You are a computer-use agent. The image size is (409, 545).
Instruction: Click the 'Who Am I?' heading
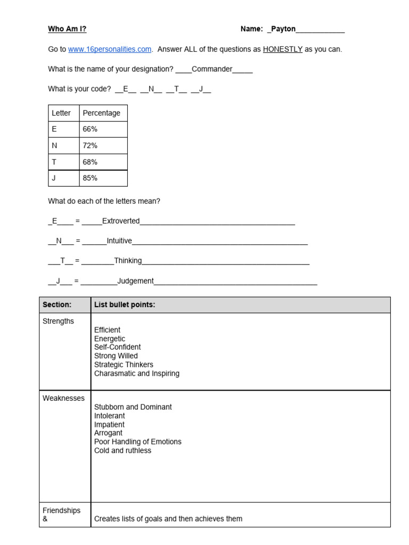point(67,29)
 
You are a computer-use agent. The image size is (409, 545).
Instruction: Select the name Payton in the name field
point(283,29)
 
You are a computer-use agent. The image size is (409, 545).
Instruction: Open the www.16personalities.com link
point(110,49)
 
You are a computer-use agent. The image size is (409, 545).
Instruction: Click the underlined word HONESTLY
point(282,49)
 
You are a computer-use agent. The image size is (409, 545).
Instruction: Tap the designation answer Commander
point(212,69)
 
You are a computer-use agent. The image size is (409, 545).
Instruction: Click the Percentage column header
point(101,113)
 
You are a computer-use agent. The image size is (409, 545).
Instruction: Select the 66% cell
point(90,129)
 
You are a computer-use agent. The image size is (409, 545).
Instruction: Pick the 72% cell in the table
point(90,146)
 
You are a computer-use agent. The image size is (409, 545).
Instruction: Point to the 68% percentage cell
point(90,162)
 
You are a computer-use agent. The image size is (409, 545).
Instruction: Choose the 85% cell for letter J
point(90,178)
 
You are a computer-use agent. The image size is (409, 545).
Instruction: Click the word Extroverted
point(121,221)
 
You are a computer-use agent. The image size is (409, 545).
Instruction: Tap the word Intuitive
point(119,241)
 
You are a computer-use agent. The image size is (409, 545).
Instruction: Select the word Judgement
point(135,281)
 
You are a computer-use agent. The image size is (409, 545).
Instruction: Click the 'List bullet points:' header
point(125,305)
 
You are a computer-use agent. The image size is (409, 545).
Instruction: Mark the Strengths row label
point(58,321)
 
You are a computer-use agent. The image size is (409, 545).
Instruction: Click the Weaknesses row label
point(63,398)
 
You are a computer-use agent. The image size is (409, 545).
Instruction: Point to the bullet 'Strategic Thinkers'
point(124,365)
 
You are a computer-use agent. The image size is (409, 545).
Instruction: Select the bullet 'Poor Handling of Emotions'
point(137,442)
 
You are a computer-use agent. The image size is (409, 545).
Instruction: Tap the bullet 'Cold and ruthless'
point(122,451)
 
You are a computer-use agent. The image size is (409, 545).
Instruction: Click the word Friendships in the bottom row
point(61,510)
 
